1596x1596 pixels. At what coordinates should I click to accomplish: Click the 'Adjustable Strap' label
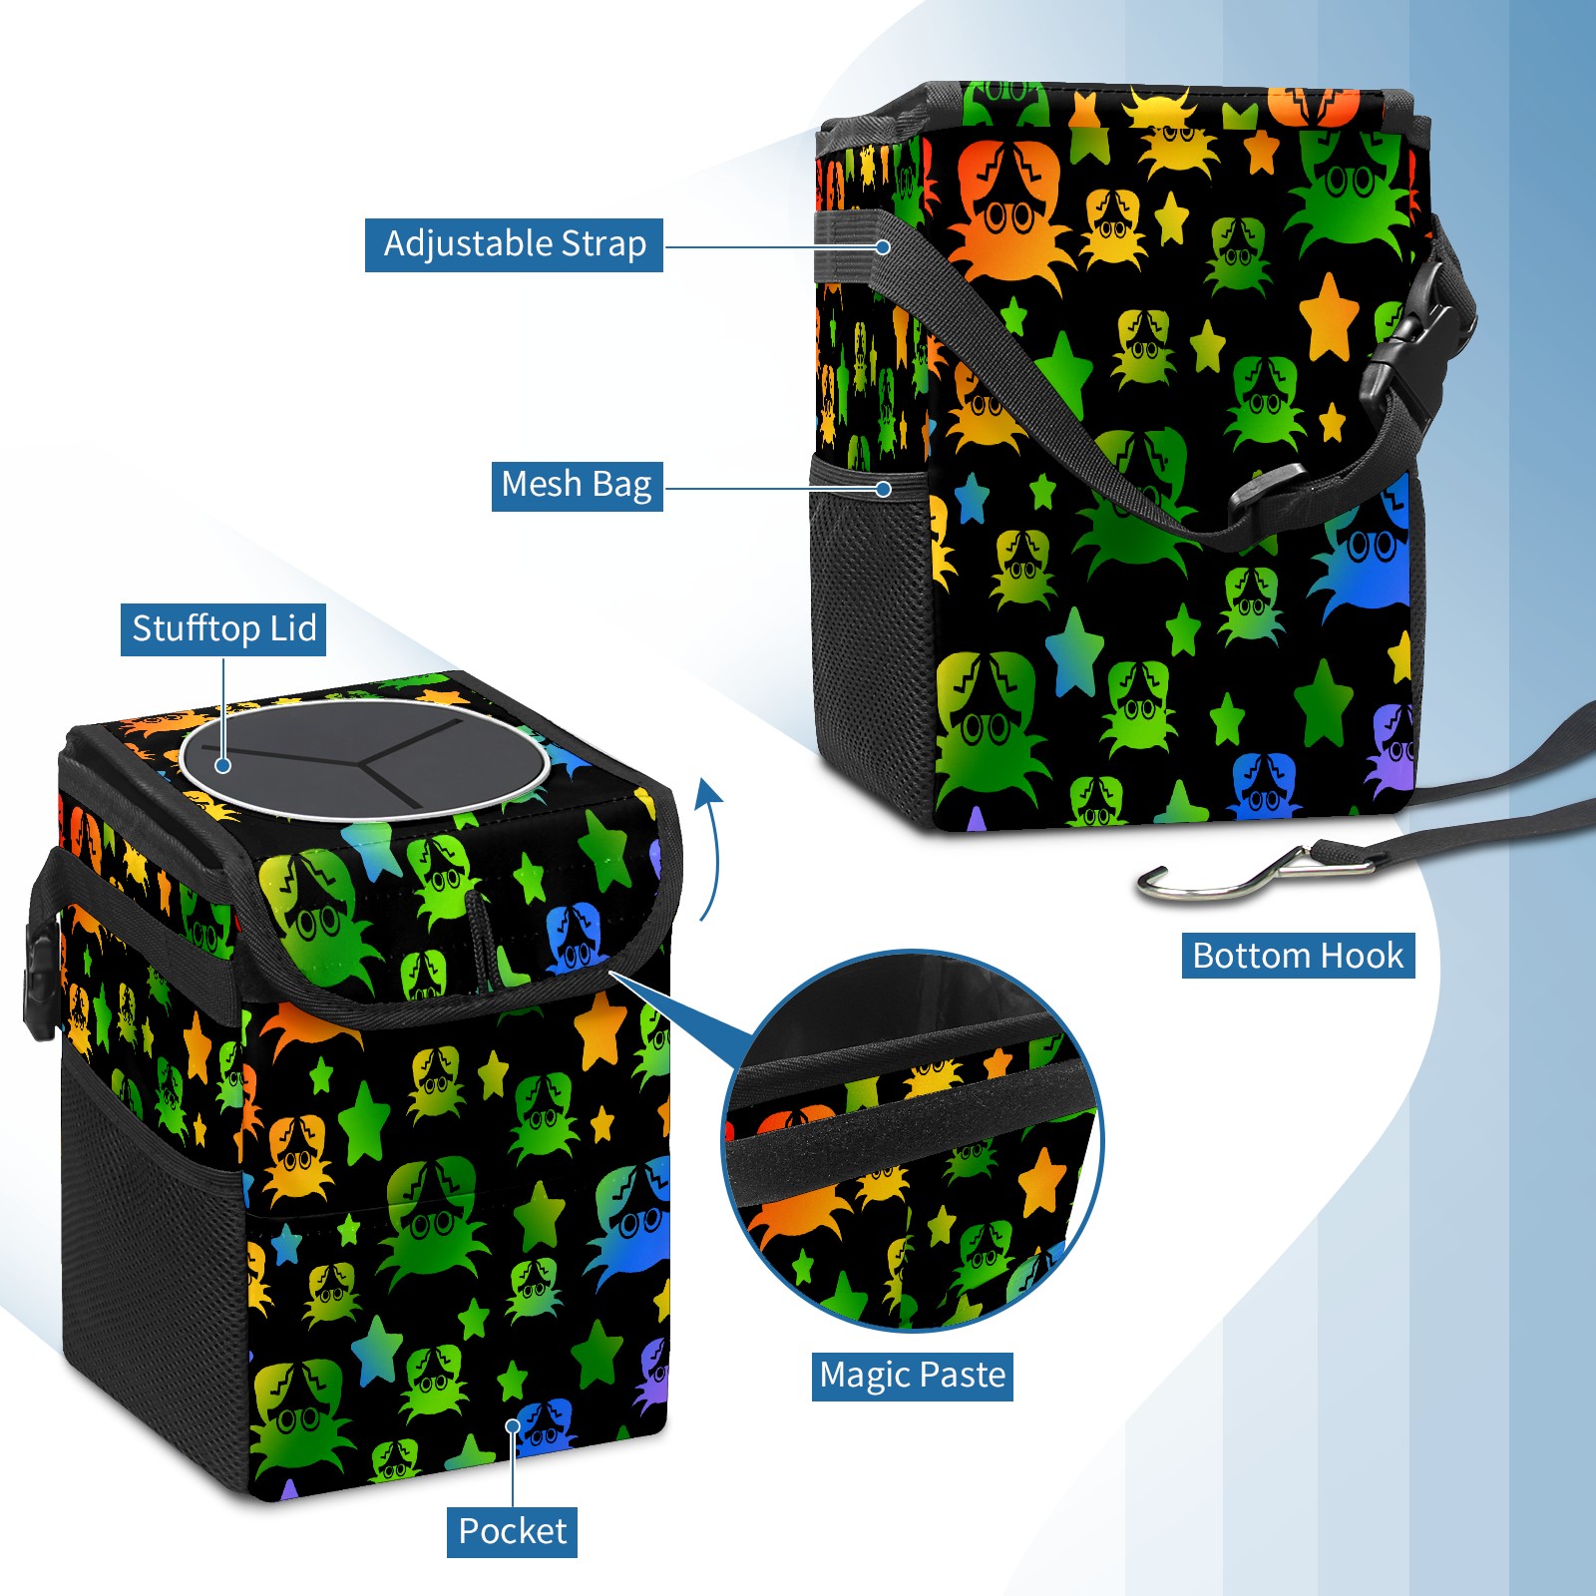(x=514, y=244)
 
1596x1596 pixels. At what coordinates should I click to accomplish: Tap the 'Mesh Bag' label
(x=577, y=485)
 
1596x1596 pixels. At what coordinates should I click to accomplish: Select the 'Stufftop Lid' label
(x=223, y=629)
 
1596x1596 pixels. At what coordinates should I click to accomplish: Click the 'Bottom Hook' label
(x=1298, y=956)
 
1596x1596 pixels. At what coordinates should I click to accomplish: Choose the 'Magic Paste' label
(x=912, y=1376)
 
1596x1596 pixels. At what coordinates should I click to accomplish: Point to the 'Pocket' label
(x=512, y=1531)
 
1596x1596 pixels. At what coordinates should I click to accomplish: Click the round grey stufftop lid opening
(x=364, y=759)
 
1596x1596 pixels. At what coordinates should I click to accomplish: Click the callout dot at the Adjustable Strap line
(x=883, y=246)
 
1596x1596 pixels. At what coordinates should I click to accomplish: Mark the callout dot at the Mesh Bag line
(x=883, y=489)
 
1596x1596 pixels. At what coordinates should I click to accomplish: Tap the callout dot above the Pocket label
(x=513, y=1426)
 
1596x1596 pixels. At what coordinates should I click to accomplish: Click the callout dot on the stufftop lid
(x=223, y=765)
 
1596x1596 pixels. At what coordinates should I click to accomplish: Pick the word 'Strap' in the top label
(x=603, y=244)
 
